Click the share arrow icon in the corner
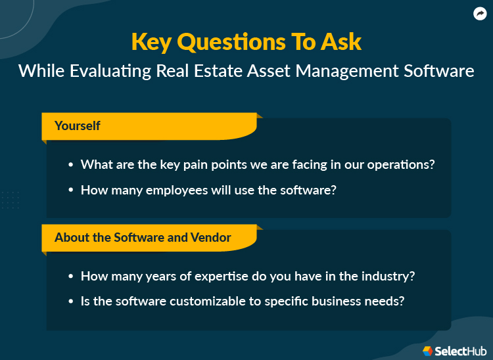click(479, 13)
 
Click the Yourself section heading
click(77, 125)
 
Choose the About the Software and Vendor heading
click(143, 237)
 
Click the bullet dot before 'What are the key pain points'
click(70, 165)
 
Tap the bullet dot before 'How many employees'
click(70, 191)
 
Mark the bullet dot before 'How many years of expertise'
click(70, 277)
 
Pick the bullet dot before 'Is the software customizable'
click(70, 302)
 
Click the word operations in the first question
click(401, 165)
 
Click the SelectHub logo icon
click(427, 351)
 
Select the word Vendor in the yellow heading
click(212, 237)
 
